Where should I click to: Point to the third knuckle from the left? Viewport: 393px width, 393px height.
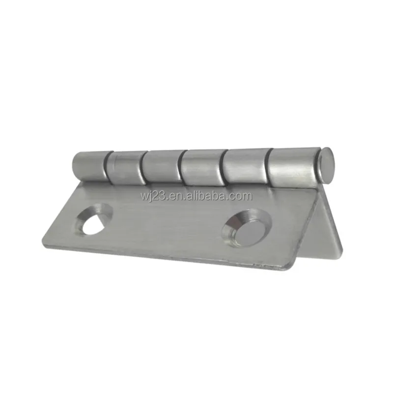click(x=162, y=167)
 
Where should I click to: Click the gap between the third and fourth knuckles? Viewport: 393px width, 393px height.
click(x=181, y=168)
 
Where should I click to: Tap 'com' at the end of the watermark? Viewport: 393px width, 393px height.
click(x=241, y=196)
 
